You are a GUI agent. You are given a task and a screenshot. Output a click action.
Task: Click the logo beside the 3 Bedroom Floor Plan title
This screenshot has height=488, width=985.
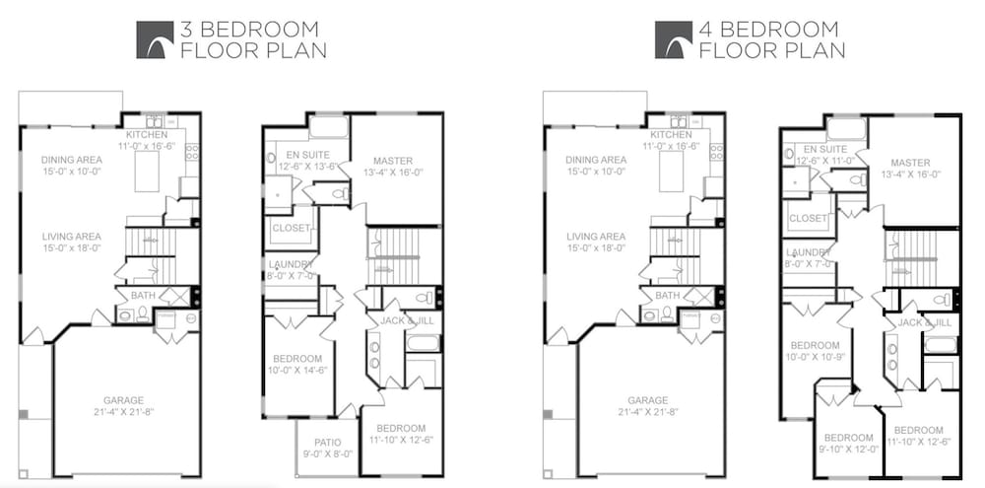[x=155, y=39]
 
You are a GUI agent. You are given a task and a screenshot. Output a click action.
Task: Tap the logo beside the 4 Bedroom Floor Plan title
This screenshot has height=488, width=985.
[x=674, y=39]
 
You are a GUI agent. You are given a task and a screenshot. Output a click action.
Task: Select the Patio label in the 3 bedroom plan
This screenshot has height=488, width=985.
[x=327, y=442]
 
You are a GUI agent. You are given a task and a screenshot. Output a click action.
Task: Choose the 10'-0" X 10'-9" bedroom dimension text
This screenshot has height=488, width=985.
[x=815, y=357]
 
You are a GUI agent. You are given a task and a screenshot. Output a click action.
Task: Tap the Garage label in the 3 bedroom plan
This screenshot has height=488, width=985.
[x=124, y=400]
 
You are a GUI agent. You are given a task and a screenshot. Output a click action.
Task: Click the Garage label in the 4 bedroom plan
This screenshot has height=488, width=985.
[x=648, y=400]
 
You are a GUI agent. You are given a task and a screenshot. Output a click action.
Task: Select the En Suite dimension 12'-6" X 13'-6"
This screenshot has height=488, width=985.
[x=307, y=167]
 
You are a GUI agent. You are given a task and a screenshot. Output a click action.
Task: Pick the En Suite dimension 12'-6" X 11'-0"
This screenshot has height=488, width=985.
[x=824, y=161]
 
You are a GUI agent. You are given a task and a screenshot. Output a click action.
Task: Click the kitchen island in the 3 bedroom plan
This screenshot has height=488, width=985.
[x=147, y=172]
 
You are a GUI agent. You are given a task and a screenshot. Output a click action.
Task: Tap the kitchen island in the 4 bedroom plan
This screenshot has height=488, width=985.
[x=671, y=172]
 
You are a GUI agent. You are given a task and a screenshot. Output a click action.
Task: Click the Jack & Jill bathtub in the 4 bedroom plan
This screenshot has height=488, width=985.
[x=941, y=345]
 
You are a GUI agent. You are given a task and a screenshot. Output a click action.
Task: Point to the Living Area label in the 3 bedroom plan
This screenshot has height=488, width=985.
[x=72, y=237]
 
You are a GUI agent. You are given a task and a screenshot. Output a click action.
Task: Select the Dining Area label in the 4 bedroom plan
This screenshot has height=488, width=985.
[x=596, y=160]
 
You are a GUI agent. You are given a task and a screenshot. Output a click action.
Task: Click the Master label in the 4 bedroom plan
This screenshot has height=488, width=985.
[x=910, y=163]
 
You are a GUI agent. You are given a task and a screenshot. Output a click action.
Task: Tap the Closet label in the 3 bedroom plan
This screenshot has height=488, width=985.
[x=291, y=228]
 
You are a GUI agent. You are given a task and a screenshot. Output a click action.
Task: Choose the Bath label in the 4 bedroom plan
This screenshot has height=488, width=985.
[x=667, y=295]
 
